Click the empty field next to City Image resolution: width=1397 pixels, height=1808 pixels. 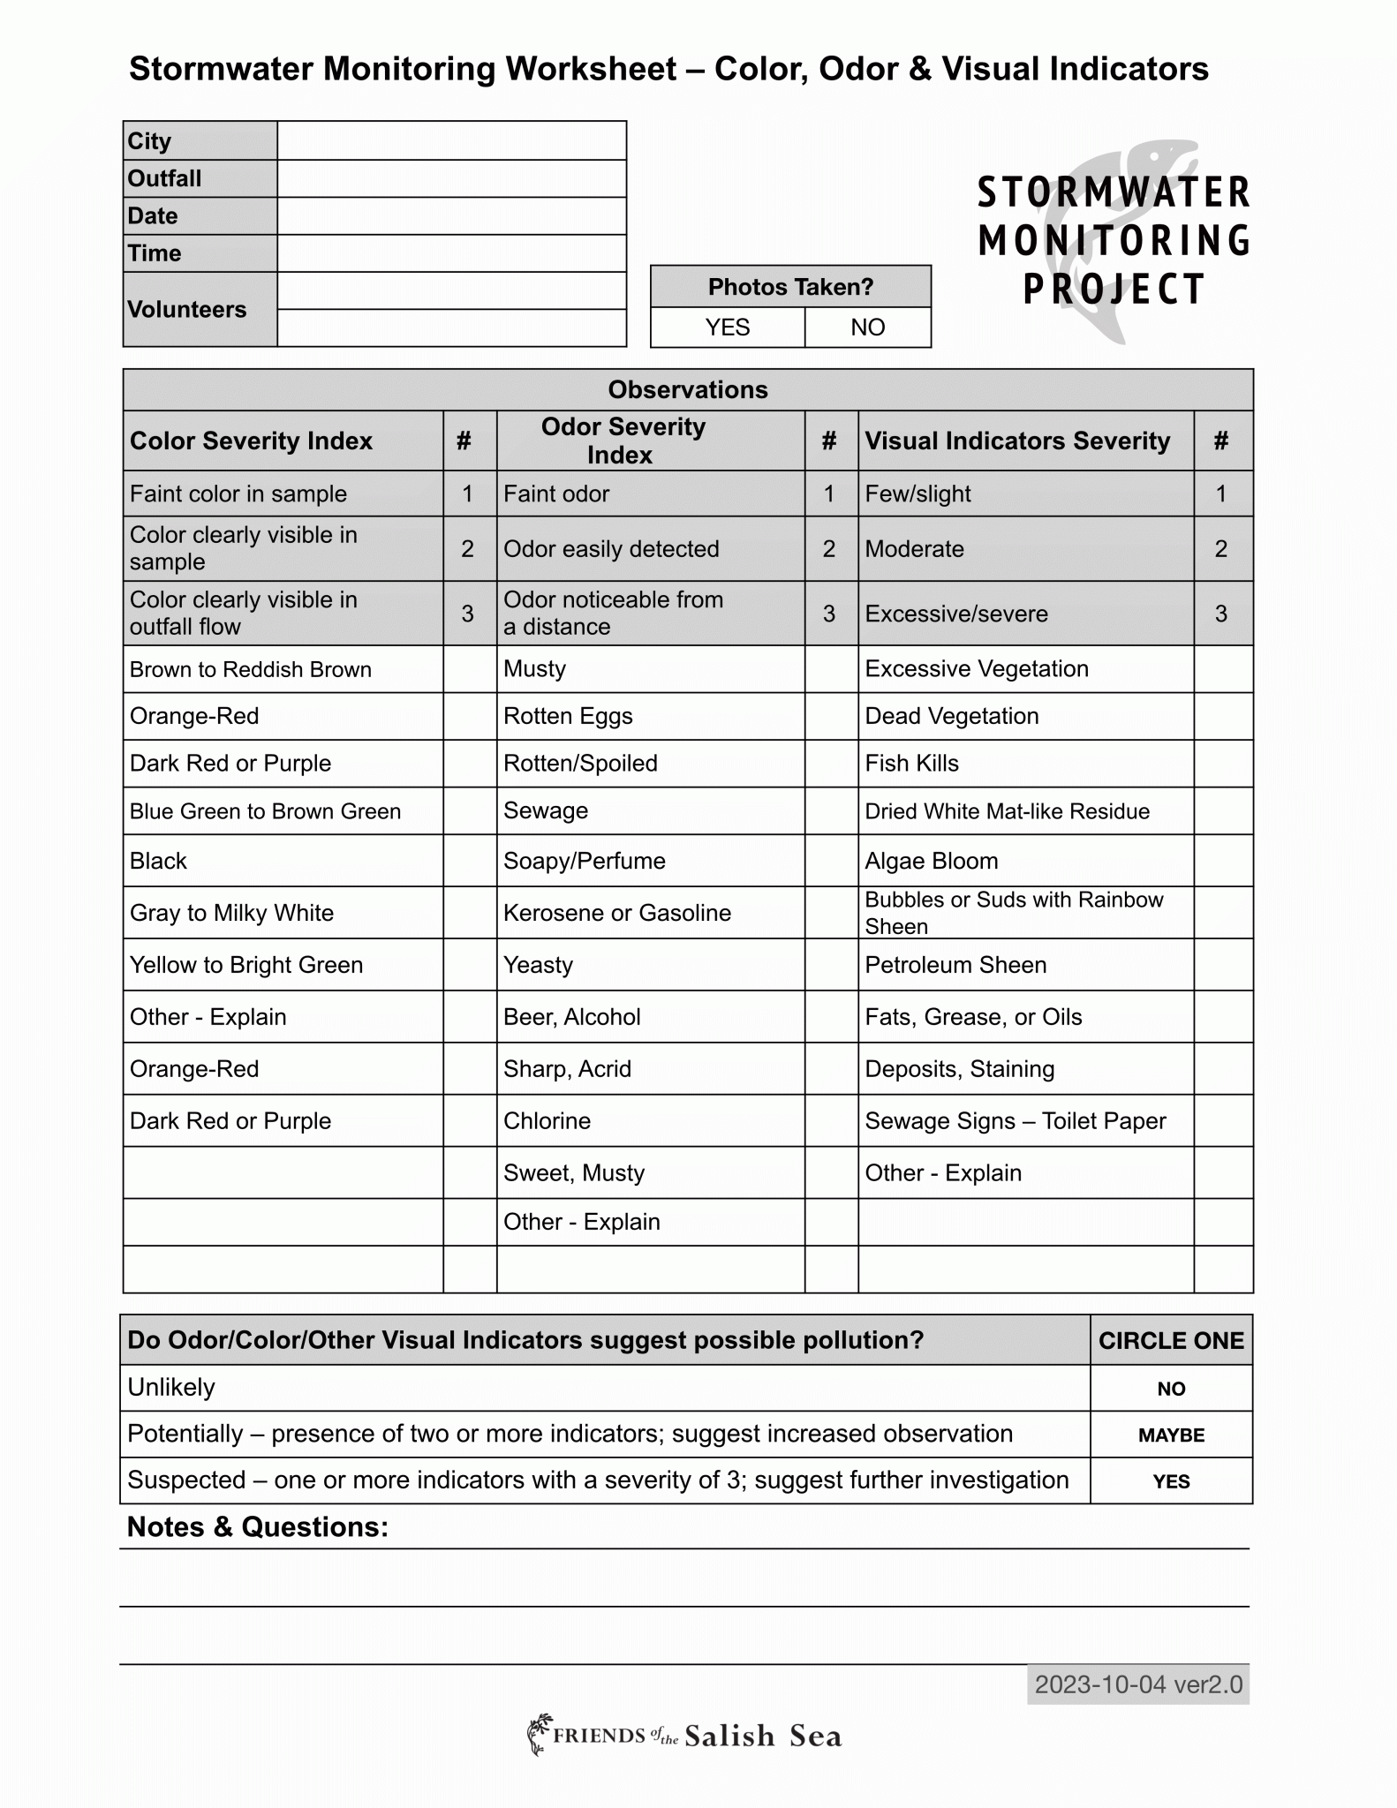pyautogui.click(x=451, y=141)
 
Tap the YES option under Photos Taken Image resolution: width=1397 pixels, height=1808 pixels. pyautogui.click(x=727, y=328)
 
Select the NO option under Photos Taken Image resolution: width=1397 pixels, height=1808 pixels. pyautogui.click(x=867, y=328)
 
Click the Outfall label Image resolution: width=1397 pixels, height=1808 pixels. pyautogui.click(x=165, y=179)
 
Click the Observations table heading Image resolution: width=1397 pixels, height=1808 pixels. pyautogui.click(x=687, y=390)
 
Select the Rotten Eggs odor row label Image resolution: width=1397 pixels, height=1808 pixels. pyautogui.click(x=568, y=716)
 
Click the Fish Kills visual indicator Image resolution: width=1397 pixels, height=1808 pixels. pyautogui.click(x=911, y=764)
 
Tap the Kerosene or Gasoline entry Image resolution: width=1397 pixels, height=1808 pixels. pyautogui.click(x=616, y=913)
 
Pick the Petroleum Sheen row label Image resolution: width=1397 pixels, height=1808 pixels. pyautogui.click(x=955, y=965)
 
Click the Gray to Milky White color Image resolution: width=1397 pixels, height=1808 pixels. pyautogui.click(x=231, y=913)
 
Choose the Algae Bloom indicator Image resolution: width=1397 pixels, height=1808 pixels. pyautogui.click(x=931, y=861)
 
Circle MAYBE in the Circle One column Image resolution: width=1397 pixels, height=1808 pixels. pyautogui.click(x=1171, y=1435)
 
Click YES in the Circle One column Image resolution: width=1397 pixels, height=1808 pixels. pyautogui.click(x=1171, y=1481)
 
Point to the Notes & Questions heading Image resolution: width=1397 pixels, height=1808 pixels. pyautogui.click(x=258, y=1527)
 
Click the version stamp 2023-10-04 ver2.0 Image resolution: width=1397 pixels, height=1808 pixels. pyautogui.click(x=1137, y=1685)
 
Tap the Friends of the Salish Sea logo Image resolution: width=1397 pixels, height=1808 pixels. pyautogui.click(x=684, y=1736)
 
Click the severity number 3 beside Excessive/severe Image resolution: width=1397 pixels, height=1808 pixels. pyautogui.click(x=1221, y=614)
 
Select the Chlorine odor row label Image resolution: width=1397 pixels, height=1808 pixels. pyautogui.click(x=547, y=1121)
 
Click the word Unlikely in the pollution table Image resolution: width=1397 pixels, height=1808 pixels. pyautogui.click(x=171, y=1388)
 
